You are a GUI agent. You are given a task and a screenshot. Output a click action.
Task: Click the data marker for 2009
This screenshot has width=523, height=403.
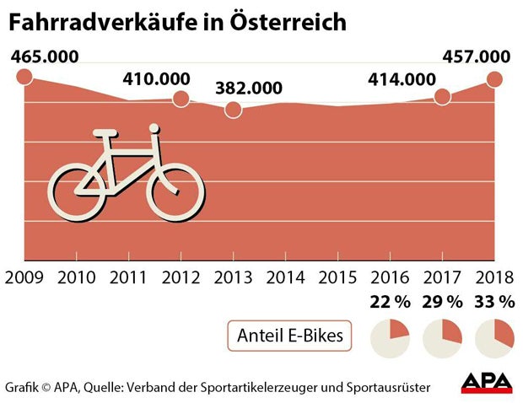point(24,78)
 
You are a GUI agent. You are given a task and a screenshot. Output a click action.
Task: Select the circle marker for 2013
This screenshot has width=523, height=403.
point(234,110)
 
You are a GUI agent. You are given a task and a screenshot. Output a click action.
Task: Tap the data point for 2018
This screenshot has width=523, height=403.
point(494,79)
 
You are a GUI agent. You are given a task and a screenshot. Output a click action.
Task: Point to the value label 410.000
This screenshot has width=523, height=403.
point(156,78)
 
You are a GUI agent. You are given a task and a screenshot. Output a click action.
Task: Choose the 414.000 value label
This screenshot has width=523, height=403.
point(402,80)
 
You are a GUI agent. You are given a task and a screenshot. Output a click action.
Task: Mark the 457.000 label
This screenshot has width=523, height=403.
point(477,57)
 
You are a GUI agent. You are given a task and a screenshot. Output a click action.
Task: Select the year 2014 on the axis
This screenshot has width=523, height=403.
point(286,277)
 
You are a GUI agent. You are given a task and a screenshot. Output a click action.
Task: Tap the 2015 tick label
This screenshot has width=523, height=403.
point(338,277)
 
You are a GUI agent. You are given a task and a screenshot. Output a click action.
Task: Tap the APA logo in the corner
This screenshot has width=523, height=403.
point(487,383)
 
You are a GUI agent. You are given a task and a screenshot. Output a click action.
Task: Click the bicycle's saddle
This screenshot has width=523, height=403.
point(105,133)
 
